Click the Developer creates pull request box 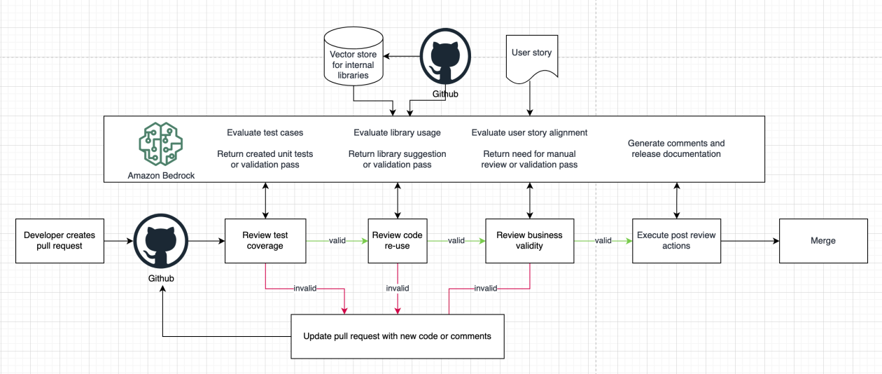(x=59, y=240)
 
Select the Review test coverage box (x=265, y=240)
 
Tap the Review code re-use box (x=397, y=240)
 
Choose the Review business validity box (x=529, y=240)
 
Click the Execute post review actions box (x=675, y=240)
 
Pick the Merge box (x=822, y=240)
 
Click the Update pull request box (x=397, y=336)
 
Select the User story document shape (x=531, y=57)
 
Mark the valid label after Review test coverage (x=338, y=240)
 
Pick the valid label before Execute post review (x=603, y=240)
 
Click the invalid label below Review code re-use (x=397, y=288)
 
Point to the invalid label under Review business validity (x=486, y=288)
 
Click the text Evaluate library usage (x=397, y=132)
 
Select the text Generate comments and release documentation (x=675, y=148)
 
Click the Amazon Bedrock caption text (x=161, y=175)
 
